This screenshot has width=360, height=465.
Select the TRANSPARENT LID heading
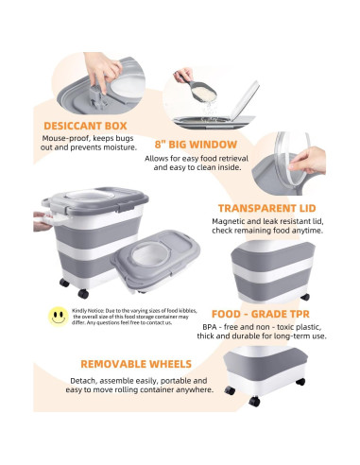[x=271, y=209]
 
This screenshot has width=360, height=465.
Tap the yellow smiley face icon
[x=58, y=316]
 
